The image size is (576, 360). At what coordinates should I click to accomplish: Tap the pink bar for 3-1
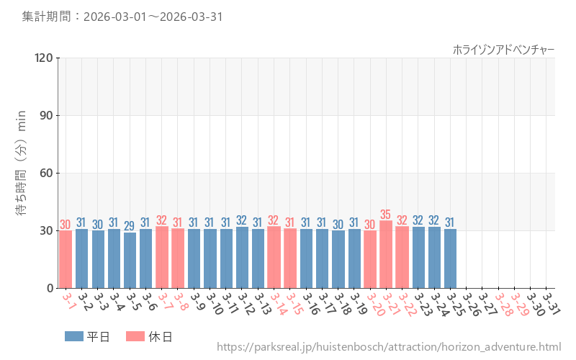(66, 259)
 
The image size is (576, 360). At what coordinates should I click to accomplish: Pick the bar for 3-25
(450, 258)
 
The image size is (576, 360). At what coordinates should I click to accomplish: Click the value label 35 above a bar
(386, 215)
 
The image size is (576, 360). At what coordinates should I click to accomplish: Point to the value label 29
(130, 226)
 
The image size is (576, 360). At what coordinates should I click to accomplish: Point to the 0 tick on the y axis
(50, 288)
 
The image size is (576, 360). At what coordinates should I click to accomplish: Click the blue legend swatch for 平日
(74, 336)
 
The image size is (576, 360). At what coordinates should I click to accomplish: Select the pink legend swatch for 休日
(135, 336)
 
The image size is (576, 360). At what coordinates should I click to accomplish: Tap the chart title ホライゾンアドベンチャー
(503, 49)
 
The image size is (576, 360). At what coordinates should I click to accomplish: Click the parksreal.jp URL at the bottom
(388, 348)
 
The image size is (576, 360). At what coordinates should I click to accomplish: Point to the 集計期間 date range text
(122, 17)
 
